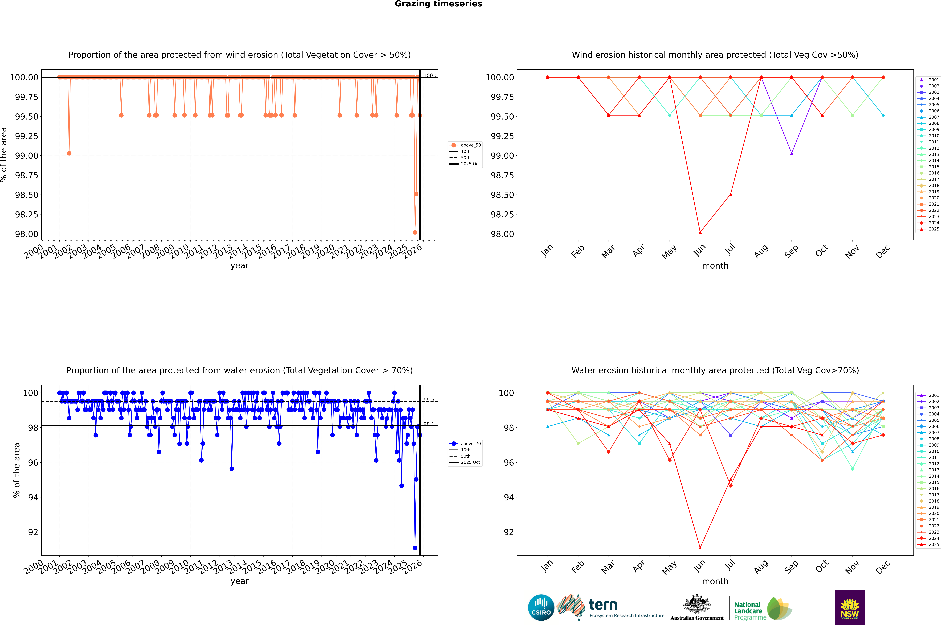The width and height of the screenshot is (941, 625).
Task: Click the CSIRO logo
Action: (x=541, y=607)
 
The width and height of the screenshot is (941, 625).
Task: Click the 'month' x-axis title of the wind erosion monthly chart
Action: (x=715, y=266)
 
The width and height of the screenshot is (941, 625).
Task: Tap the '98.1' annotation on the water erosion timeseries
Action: (x=429, y=424)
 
